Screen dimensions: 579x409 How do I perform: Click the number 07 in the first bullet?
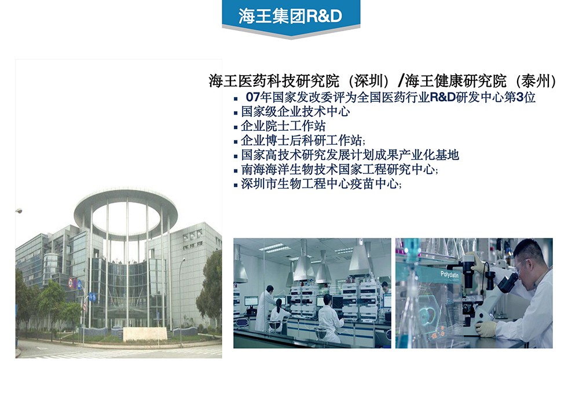coord(253,97)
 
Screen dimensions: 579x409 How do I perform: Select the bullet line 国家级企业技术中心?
coord(295,112)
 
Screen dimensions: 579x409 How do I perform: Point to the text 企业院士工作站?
coord(283,126)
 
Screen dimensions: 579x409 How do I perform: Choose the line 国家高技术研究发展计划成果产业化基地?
coord(350,155)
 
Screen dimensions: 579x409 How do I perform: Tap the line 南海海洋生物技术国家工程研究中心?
coord(338,170)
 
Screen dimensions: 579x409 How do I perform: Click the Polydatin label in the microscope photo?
coord(449,274)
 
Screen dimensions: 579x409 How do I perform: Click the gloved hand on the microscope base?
coord(486,329)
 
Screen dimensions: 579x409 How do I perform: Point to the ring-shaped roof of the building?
coord(126,212)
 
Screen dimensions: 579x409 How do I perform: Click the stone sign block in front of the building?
coord(145,334)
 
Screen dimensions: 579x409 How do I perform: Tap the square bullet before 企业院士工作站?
coord(236,127)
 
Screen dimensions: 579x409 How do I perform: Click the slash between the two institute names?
coord(401,81)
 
